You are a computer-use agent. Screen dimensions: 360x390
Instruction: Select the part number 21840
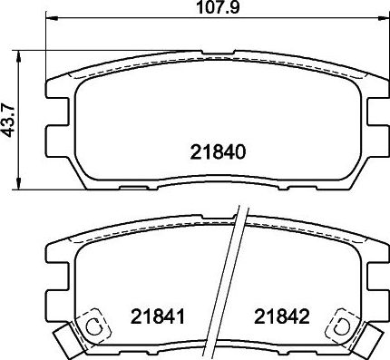point(218,151)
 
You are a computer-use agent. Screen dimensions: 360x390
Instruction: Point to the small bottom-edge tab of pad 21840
point(138,189)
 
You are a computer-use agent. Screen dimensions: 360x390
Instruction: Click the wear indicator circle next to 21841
point(93,326)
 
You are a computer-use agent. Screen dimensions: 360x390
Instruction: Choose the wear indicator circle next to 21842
point(345,324)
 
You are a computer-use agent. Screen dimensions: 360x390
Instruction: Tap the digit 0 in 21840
point(241,151)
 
